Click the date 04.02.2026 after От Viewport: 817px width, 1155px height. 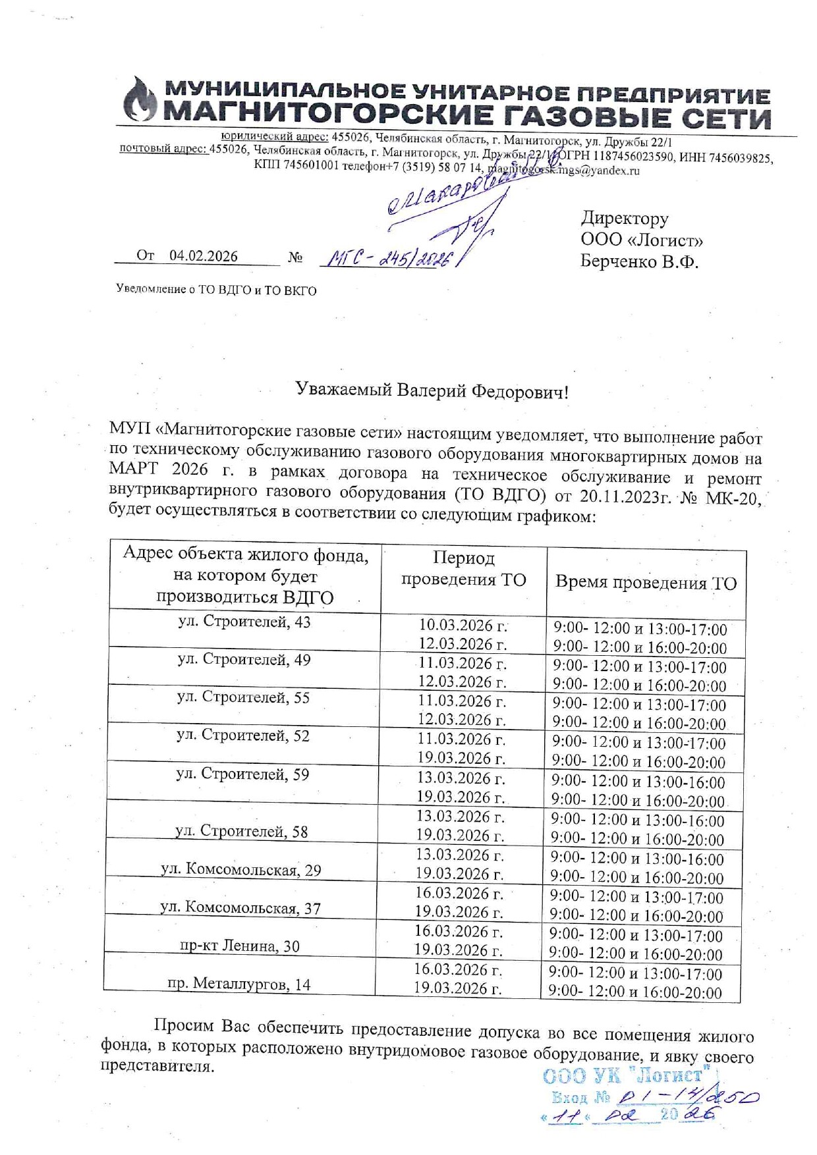(x=203, y=256)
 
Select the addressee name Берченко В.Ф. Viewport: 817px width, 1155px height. (x=638, y=261)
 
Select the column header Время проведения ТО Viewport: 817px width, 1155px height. (x=646, y=583)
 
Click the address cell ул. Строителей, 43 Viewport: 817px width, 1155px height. (x=244, y=622)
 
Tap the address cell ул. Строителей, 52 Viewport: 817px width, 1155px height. (x=243, y=736)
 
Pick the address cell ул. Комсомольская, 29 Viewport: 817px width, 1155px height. (x=241, y=870)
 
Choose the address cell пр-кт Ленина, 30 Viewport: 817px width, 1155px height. (x=240, y=946)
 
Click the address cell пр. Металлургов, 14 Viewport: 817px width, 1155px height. (x=239, y=984)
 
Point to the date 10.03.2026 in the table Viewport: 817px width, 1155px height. (x=463, y=625)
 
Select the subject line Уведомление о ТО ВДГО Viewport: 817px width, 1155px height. (x=216, y=290)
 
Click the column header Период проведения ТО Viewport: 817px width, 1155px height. (x=464, y=569)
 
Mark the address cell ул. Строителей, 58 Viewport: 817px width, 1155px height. (x=242, y=832)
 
